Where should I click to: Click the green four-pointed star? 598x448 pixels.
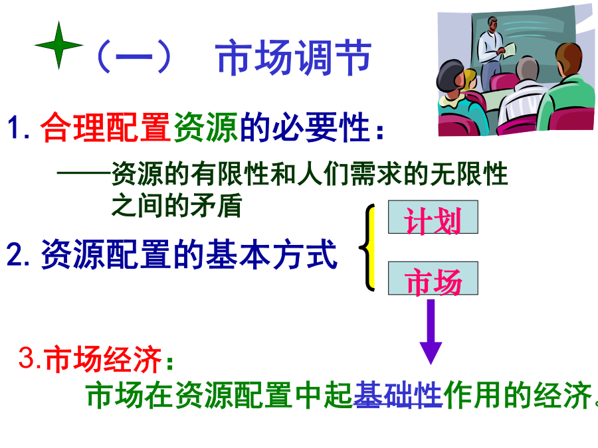pyautogui.click(x=58, y=45)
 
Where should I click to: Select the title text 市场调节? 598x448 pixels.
pyautogui.click(x=293, y=58)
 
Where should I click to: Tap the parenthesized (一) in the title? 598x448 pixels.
pyautogui.click(x=134, y=57)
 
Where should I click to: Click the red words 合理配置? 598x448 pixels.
pyautogui.click(x=105, y=127)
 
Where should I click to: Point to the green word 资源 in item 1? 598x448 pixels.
pyautogui.click(x=206, y=127)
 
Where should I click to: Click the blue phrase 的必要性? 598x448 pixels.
pyautogui.click(x=305, y=127)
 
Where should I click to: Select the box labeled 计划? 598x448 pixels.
pyautogui.click(x=433, y=217)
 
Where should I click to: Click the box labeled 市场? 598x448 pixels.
pyautogui.click(x=433, y=278)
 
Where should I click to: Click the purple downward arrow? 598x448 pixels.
pyautogui.click(x=431, y=332)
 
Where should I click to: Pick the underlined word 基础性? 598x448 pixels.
pyautogui.click(x=398, y=395)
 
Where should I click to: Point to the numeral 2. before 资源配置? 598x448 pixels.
pyautogui.click(x=18, y=254)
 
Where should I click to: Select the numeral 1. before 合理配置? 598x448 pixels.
pyautogui.click(x=19, y=127)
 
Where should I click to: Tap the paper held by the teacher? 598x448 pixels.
pyautogui.click(x=509, y=50)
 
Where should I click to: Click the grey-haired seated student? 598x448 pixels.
pyautogui.click(x=522, y=95)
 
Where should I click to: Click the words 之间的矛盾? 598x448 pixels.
pyautogui.click(x=177, y=205)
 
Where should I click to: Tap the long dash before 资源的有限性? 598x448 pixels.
pyautogui.click(x=84, y=173)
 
